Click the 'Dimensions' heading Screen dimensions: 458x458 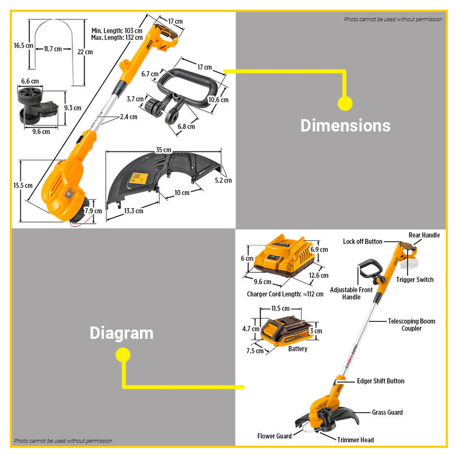[345, 126]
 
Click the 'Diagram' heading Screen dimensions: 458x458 [122, 333]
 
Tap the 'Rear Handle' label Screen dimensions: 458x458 [424, 235]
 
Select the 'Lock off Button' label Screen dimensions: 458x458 [362, 241]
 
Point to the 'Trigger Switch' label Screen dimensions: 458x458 [415, 279]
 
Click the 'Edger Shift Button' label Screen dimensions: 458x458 [381, 381]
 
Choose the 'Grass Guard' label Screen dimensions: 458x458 [387, 412]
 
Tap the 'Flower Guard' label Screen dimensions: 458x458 [274, 436]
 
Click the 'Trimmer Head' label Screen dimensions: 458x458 [355, 440]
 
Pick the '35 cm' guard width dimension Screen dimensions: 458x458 [164, 150]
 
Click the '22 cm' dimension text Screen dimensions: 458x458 [85, 52]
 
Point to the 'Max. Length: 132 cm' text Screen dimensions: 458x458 [117, 38]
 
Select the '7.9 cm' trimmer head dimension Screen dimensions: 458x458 [94, 211]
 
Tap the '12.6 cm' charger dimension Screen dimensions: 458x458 [319, 275]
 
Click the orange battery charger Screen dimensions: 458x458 [284, 256]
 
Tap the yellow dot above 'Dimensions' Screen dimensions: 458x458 [345, 103]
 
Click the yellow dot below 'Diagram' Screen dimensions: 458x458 [123, 355]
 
